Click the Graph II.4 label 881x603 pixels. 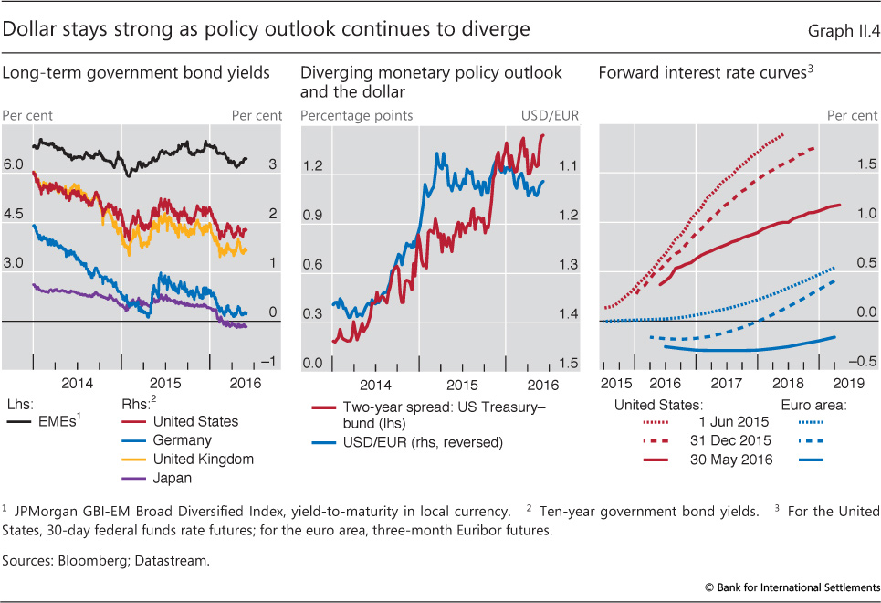point(843,30)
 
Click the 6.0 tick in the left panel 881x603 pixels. point(14,164)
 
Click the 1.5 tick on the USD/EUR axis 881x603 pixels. point(567,364)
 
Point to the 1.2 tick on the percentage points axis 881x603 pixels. point(314,166)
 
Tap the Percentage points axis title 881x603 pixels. point(356,116)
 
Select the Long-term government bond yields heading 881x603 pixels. point(137,72)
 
